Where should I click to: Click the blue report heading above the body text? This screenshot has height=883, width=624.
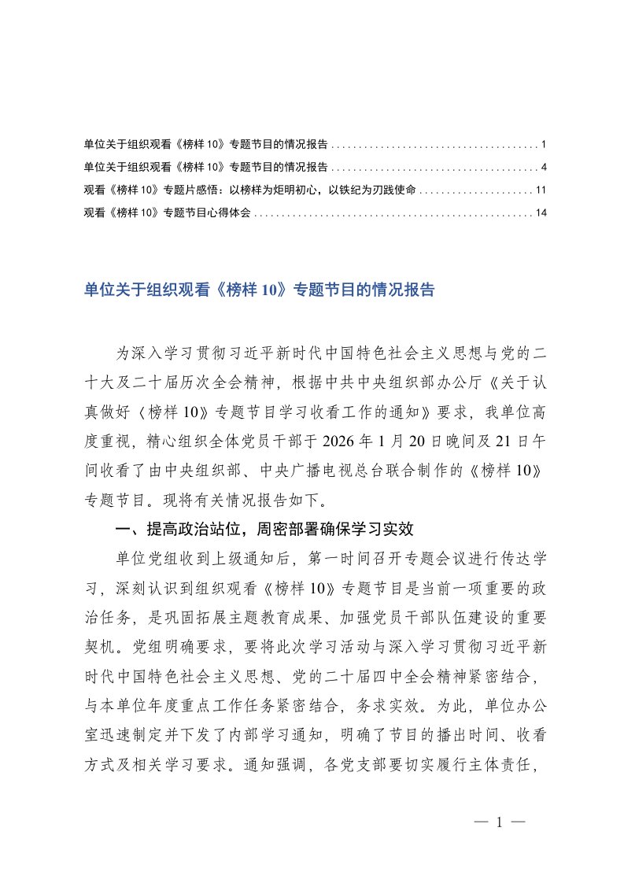(259, 289)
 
